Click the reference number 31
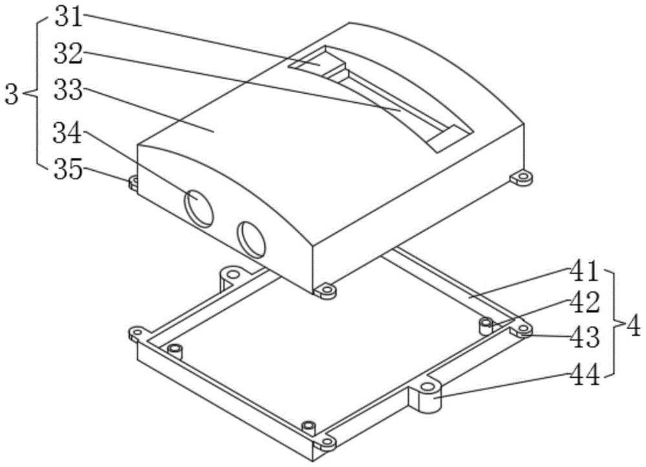69,19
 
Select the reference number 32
69,54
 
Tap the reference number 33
69,91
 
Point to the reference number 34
69,135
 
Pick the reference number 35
69,170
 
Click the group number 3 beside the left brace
12,94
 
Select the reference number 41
584,272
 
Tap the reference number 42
584,304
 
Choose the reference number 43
584,337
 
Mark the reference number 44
584,375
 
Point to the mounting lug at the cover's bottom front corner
326,291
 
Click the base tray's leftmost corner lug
137,333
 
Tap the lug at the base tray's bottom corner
326,444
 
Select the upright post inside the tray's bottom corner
309,428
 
